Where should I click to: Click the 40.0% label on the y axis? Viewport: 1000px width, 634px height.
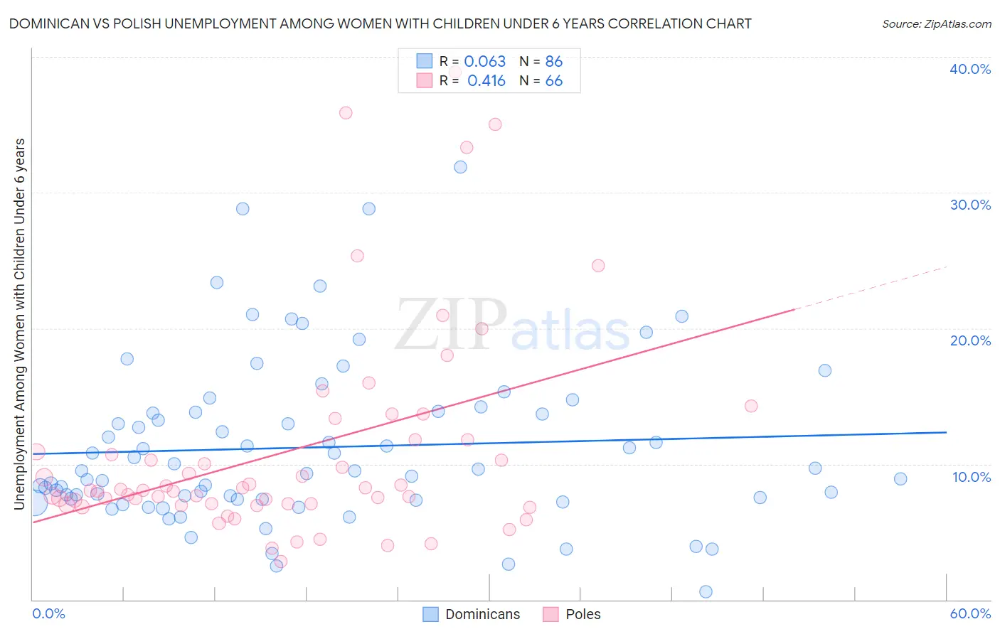[x=970, y=69]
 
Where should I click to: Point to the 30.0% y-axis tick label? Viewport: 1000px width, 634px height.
[x=970, y=205]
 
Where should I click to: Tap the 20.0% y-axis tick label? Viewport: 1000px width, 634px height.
[x=970, y=340]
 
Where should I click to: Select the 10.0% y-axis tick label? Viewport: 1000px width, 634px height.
[x=972, y=476]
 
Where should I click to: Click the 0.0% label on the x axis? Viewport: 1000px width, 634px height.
[x=48, y=613]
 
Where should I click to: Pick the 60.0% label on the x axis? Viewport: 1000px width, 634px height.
[x=970, y=613]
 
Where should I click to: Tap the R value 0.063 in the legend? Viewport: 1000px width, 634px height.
[x=484, y=61]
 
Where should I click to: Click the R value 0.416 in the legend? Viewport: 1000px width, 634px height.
[x=486, y=81]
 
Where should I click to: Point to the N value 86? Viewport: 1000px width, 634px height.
[x=553, y=61]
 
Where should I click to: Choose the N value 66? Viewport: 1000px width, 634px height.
[x=553, y=81]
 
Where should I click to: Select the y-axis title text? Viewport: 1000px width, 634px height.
[x=19, y=324]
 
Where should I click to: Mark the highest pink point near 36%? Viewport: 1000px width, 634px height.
[x=346, y=113]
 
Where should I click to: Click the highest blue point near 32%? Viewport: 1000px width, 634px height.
[x=460, y=167]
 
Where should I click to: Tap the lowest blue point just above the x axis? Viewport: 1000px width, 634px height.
[x=706, y=591]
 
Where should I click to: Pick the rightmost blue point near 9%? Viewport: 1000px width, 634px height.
[x=900, y=479]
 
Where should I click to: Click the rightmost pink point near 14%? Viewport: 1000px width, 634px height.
[x=751, y=406]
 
